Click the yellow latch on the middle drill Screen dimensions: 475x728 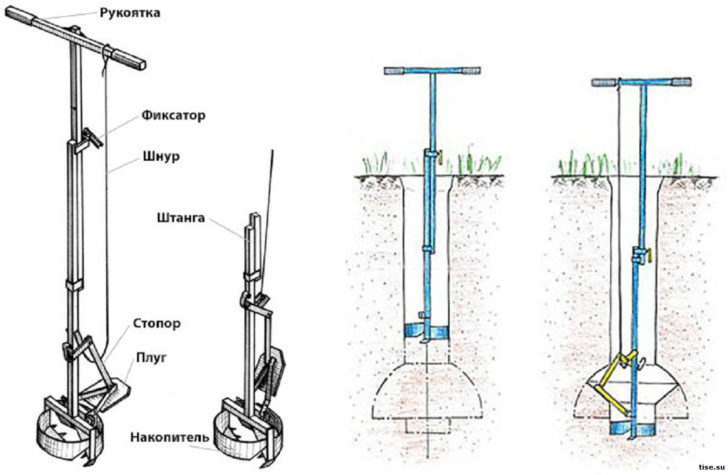coord(441,157)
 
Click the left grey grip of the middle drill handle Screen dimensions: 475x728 coord(396,72)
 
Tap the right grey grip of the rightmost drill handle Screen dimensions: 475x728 coord(681,82)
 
